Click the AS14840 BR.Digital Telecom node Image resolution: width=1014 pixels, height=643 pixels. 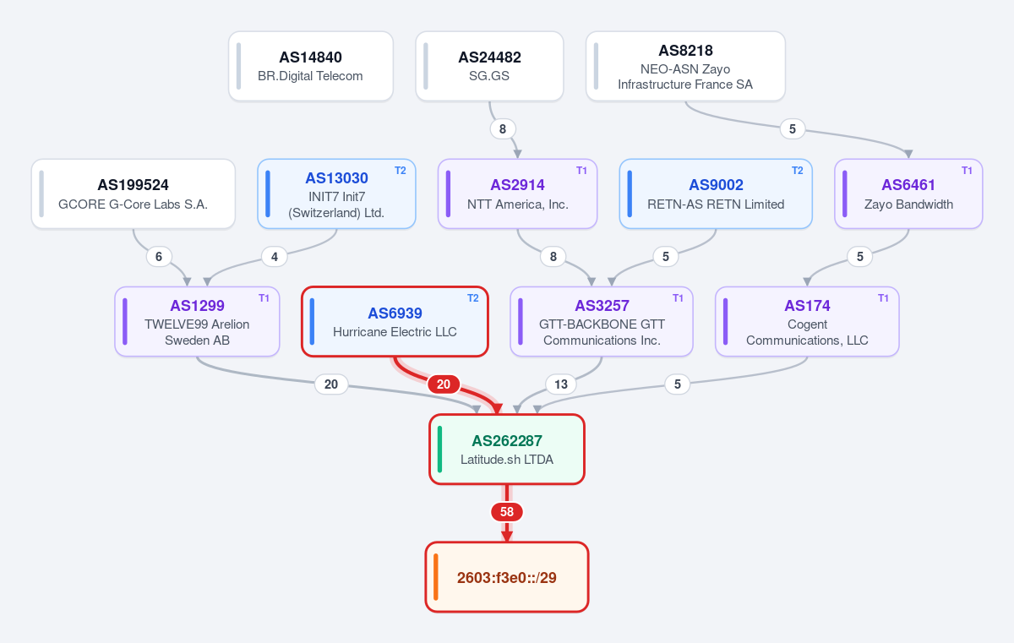pyautogui.click(x=311, y=66)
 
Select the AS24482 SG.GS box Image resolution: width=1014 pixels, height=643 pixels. pyautogui.click(x=489, y=66)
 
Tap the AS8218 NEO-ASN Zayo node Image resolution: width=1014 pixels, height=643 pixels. pyautogui.click(x=685, y=66)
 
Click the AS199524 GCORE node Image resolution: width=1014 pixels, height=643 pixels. pyautogui.click(x=134, y=193)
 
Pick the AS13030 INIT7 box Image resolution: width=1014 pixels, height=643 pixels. pyautogui.click(x=336, y=193)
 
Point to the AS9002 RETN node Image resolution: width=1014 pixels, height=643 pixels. pyautogui.click(x=716, y=193)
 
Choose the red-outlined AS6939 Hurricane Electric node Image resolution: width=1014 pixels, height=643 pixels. pyautogui.click(x=395, y=321)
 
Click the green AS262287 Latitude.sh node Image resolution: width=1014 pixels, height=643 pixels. pyautogui.click(x=507, y=450)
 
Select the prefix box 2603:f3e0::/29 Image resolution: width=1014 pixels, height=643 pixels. pyautogui.click(x=507, y=577)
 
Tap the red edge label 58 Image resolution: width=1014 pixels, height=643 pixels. pyautogui.click(x=507, y=512)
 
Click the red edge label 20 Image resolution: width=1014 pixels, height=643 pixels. pyautogui.click(x=444, y=384)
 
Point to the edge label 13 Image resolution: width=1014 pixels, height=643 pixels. pyautogui.click(x=561, y=384)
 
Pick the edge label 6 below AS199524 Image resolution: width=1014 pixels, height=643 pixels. pyautogui.click(x=159, y=257)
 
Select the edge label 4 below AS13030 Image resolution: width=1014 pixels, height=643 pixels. pyautogui.click(x=275, y=257)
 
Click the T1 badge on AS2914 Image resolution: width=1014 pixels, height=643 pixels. pyautogui.click(x=581, y=171)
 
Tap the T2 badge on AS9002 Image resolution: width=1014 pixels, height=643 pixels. pyautogui.click(x=797, y=171)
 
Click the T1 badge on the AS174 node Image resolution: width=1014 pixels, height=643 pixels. pyautogui.click(x=883, y=298)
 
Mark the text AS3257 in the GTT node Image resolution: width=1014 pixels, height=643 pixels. pyautogui.click(x=602, y=305)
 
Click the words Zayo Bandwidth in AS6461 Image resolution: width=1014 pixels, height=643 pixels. pyautogui.click(x=908, y=204)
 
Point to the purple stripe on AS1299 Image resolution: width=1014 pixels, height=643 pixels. pyautogui.click(x=125, y=321)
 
